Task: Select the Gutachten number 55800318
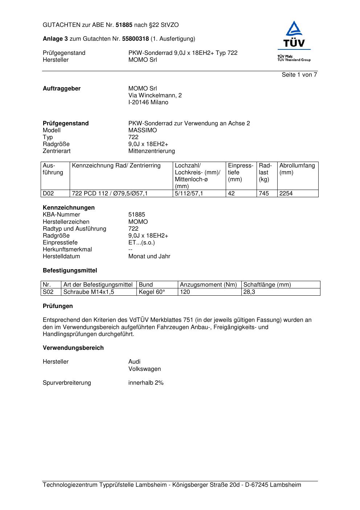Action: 135,39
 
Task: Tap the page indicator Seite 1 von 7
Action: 299,75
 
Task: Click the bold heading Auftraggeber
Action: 62,89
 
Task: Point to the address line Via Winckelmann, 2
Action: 155,96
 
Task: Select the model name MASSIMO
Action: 143,130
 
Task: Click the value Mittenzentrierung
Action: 151,151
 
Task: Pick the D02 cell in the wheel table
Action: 48,194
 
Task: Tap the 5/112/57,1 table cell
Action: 189,194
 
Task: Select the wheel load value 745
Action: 264,194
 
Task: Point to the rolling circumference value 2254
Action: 286,194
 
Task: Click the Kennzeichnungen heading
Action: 69,208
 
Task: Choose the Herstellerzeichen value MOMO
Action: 138,222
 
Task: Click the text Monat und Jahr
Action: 149,256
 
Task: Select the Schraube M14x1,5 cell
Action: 89,292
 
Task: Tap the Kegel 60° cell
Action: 152,292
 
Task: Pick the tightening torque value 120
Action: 185,292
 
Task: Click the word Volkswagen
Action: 144,369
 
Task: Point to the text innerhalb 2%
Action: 146,383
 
